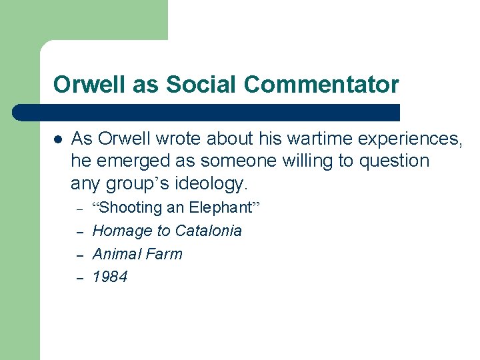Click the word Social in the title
[202, 85]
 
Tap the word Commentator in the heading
[322, 85]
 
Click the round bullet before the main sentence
[58, 139]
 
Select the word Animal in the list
[115, 254]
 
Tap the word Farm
[165, 254]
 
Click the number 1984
[110, 277]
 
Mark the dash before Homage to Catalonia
[79, 233]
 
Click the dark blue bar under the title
[207, 112]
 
